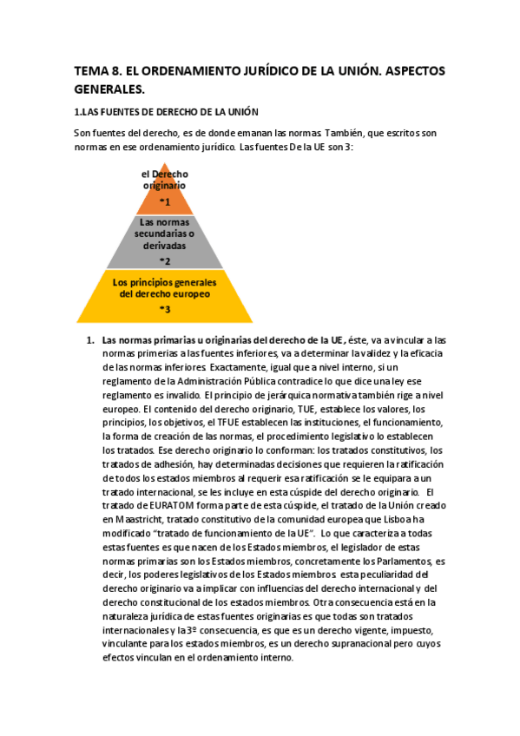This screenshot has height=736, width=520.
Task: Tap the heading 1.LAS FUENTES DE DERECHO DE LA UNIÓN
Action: [x=167, y=113]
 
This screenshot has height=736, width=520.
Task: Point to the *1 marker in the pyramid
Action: [x=165, y=201]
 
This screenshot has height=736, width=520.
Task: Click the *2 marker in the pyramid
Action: [x=165, y=260]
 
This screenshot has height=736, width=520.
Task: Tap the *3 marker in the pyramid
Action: [x=164, y=309]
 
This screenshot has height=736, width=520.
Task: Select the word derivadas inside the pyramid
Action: [x=165, y=246]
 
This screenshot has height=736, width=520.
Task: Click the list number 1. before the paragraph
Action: [x=89, y=339]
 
